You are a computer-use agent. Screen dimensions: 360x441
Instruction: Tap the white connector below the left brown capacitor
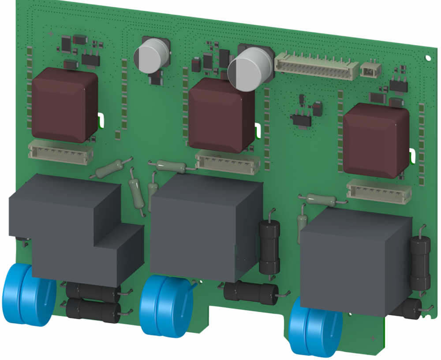click(x=61, y=152)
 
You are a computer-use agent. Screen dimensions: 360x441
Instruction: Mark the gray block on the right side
click(x=355, y=260)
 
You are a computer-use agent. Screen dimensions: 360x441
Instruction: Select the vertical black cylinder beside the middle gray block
click(x=269, y=247)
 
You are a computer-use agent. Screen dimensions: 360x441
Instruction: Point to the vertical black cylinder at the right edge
click(x=420, y=263)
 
